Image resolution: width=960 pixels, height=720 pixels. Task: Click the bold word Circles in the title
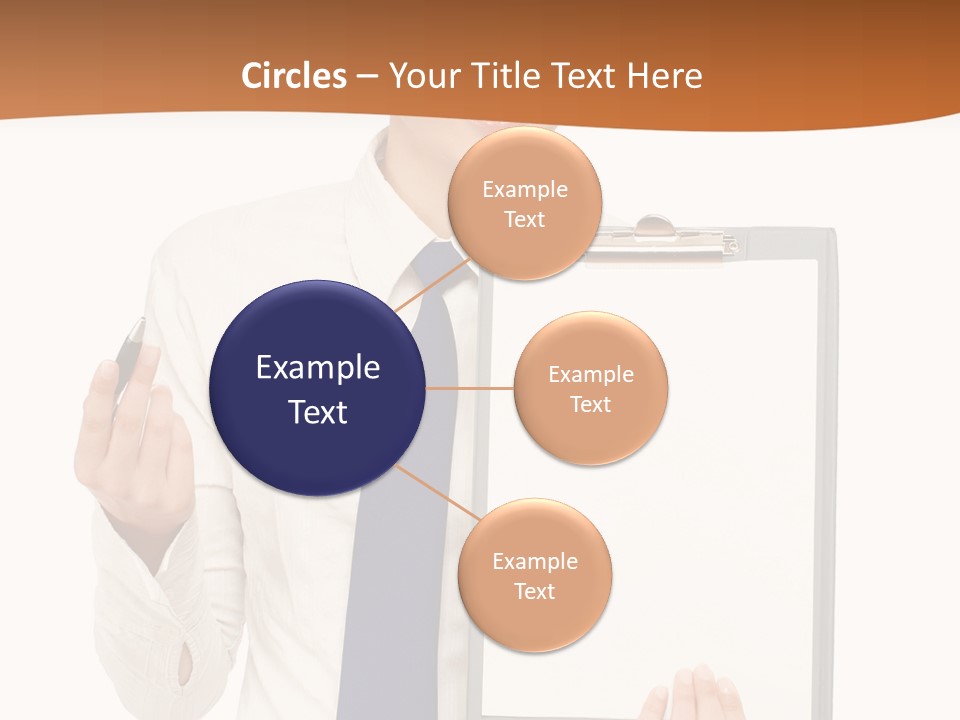tap(294, 76)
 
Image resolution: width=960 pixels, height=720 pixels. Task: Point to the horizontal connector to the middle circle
tap(470, 388)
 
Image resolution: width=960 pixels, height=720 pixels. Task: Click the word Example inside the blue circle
tap(318, 368)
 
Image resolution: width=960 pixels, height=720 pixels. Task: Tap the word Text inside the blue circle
tap(318, 412)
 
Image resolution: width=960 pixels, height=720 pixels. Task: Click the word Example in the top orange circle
tap(524, 190)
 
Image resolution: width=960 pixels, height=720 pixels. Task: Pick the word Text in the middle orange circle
tap(591, 405)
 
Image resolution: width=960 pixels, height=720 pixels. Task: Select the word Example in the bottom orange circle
tap(535, 562)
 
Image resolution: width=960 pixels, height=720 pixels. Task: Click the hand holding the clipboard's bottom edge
tap(700, 695)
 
